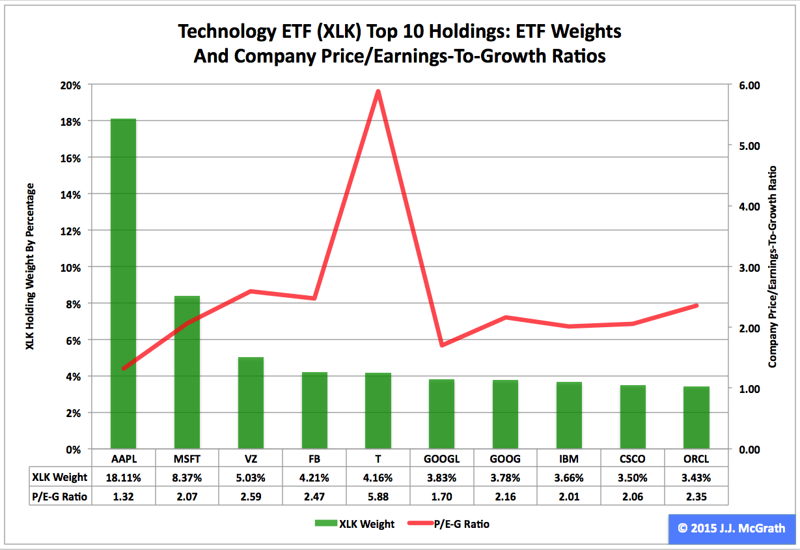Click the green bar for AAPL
[123, 283]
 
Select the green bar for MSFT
[187, 372]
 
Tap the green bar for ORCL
[697, 418]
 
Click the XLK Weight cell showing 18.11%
[123, 478]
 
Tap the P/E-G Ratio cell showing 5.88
[378, 496]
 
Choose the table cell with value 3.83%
[441, 478]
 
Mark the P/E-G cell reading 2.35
[697, 496]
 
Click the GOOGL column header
[441, 457]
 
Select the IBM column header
[569, 457]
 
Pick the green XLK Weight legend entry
[354, 524]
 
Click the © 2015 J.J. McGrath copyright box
[731, 528]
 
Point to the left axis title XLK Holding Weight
[30, 267]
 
